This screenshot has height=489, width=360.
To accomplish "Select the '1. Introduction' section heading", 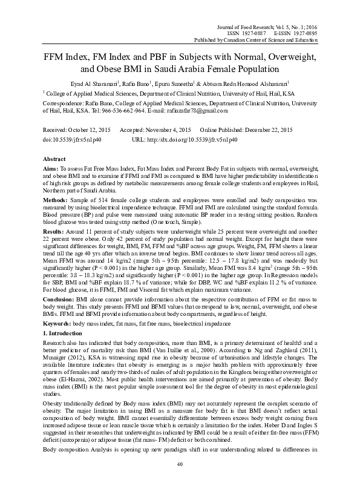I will click(64, 333).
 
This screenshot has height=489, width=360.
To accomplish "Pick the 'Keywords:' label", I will click(56, 324).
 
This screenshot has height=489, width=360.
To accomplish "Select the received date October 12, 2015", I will click(87, 130).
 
